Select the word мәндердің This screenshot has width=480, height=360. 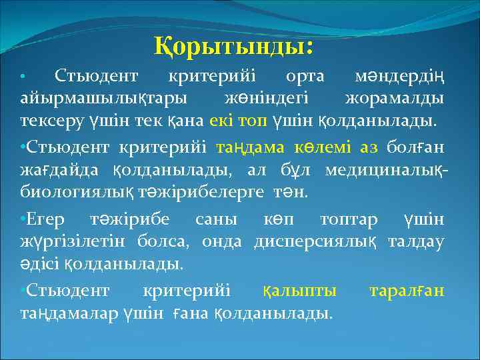pos(399,77)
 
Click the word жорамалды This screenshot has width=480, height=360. pos(395,99)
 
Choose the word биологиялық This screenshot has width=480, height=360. pos(82,193)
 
